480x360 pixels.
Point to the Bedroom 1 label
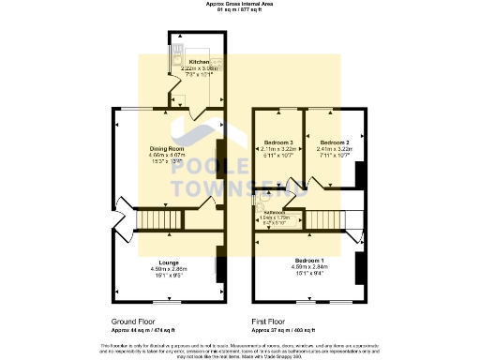coord(308,259)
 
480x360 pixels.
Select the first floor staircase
coord(322,219)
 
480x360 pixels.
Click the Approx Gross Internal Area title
coord(240,4)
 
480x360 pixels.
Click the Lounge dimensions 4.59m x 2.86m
coord(170,269)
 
